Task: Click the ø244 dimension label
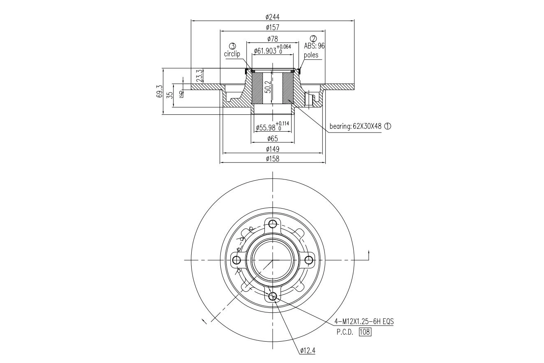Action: (x=272, y=17)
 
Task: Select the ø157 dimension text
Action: (x=272, y=27)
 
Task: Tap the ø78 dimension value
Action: (x=272, y=39)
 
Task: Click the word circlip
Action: (x=232, y=54)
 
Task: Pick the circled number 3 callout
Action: (x=232, y=46)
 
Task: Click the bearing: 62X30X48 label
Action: (x=356, y=126)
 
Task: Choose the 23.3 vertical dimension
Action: (x=199, y=76)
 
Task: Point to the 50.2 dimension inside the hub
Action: (x=268, y=87)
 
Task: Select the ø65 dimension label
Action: (x=272, y=139)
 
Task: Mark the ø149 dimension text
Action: (x=272, y=149)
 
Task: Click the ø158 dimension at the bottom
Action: (x=272, y=159)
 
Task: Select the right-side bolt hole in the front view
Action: (x=308, y=260)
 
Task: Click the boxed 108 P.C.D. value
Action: (x=365, y=332)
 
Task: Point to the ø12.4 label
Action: (x=308, y=351)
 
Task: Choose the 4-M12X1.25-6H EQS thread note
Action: (x=364, y=321)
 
